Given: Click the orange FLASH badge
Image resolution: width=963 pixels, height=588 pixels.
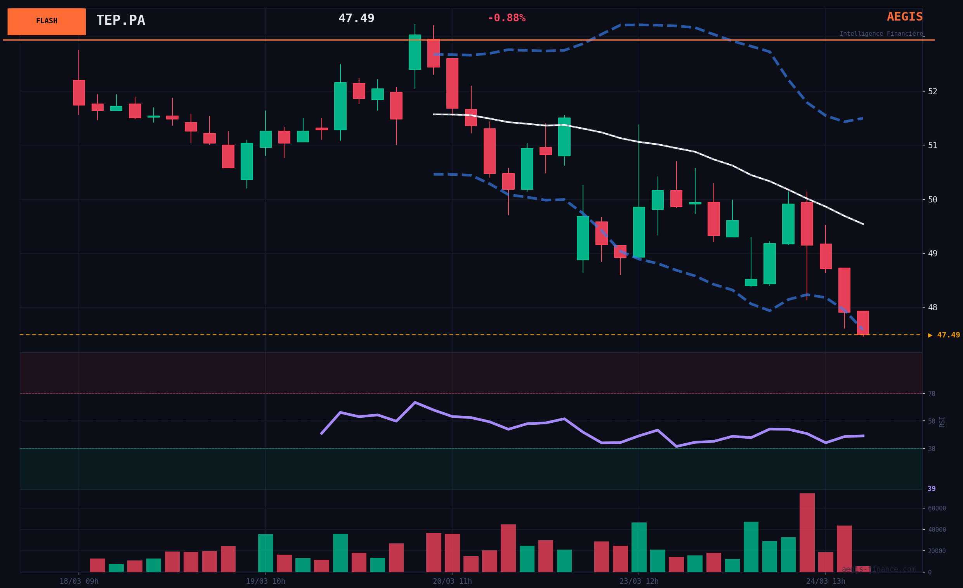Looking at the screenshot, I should pos(47,21).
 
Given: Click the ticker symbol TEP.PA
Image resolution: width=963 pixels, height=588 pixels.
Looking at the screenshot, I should pos(120,20).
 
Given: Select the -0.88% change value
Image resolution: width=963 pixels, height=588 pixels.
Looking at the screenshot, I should pos(506,18).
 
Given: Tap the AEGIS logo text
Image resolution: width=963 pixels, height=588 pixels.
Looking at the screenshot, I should pos(904,17).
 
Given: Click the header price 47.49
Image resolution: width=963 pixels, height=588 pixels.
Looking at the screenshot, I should pos(356,18).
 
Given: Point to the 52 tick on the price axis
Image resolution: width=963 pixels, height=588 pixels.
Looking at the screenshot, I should pos(932,92).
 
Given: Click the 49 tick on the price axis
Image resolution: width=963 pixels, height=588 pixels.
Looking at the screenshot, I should pos(932,253).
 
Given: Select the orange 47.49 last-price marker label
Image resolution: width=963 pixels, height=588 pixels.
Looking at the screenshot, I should pos(944,335).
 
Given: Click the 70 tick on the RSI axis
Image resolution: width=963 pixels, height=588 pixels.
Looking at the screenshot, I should pos(931,394).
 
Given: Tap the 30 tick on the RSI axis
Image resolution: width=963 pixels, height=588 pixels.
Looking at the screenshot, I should pos(931,449).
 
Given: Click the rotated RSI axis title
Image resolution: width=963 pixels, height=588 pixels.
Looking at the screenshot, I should pos(942,421).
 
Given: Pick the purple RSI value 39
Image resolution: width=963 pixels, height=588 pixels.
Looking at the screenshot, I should pos(931,489).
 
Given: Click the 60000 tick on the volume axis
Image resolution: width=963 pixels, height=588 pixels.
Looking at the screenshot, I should pos(937,508).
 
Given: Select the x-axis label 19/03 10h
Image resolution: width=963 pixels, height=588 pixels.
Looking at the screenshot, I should pos(265,581).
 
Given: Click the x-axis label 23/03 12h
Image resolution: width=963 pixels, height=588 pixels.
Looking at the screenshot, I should pos(639,581).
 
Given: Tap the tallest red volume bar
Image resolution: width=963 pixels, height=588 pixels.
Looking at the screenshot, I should pos(807,533).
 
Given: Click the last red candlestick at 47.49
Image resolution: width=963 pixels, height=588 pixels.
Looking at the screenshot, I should pos(863,322).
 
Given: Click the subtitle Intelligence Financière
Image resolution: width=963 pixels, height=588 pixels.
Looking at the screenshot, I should pos(881,34).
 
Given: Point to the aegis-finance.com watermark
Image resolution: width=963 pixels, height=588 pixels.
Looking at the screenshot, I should pos(878,569).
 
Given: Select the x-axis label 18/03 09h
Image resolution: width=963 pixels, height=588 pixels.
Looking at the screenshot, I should pos(79,581).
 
